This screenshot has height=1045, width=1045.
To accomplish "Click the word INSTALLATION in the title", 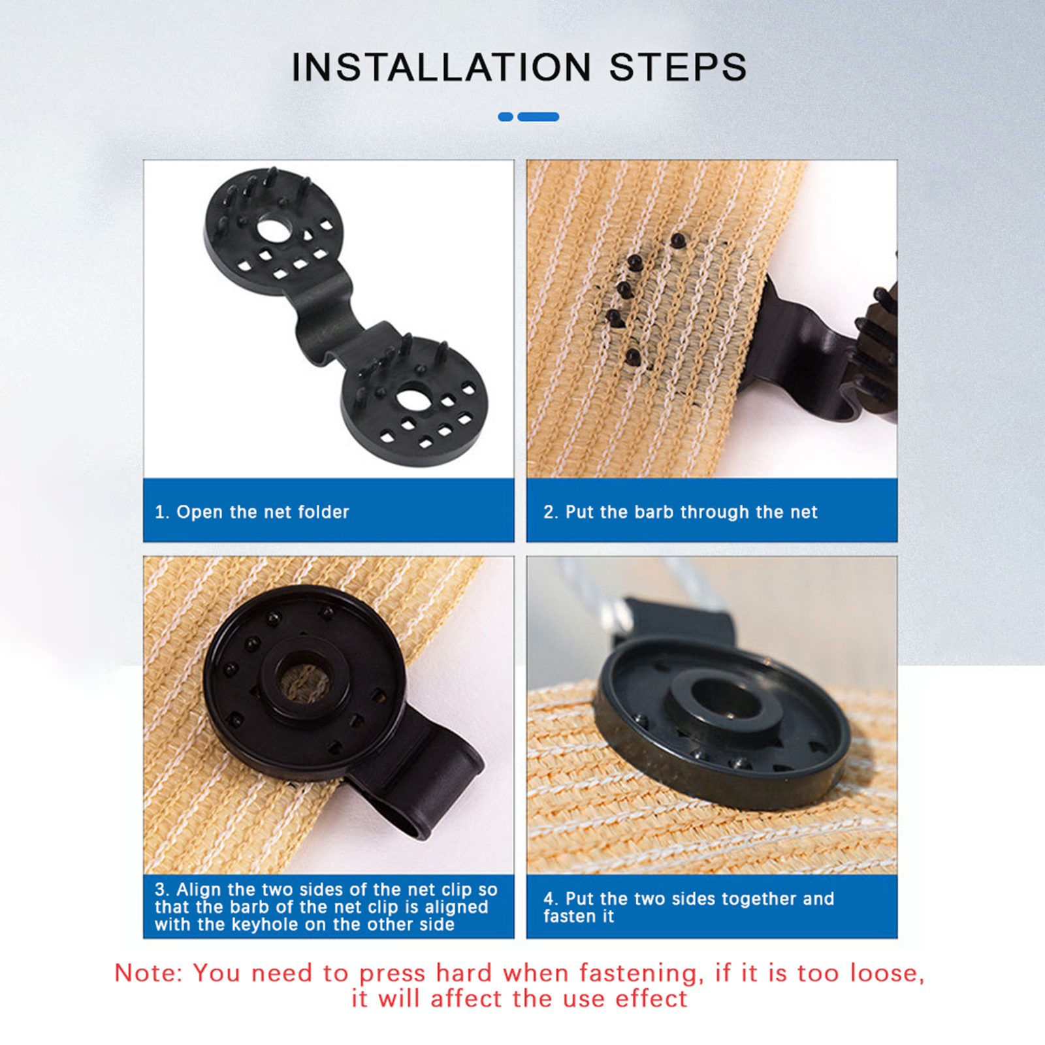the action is click(x=441, y=67).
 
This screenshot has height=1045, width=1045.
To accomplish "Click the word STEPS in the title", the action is click(x=678, y=67).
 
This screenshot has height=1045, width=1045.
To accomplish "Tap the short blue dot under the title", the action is click(x=506, y=117).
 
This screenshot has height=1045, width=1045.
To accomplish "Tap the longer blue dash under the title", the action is click(x=538, y=117).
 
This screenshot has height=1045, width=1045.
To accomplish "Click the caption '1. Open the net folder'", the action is click(x=252, y=512).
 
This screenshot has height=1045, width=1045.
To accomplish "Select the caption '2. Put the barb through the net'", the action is click(x=681, y=512).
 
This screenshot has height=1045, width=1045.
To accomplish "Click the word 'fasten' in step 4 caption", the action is click(x=579, y=916).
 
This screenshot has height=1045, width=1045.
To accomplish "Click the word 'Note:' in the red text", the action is click(x=149, y=973).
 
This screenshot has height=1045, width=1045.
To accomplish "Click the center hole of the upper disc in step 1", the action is click(x=275, y=229).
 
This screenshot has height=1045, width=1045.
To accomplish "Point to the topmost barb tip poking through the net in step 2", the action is click(x=678, y=240).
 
